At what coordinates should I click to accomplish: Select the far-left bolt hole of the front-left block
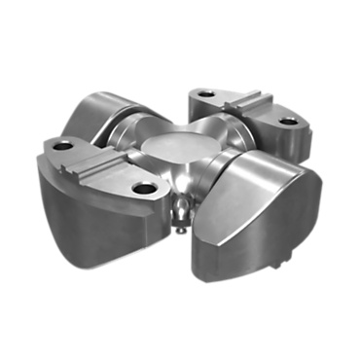click(63, 146)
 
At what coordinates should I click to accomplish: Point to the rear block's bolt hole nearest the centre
click(205, 95)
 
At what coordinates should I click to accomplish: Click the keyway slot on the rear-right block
click(243, 103)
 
